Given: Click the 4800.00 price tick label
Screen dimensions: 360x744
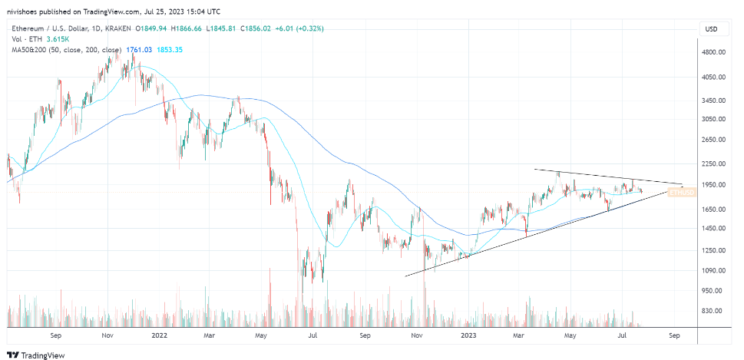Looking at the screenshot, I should point(714,51).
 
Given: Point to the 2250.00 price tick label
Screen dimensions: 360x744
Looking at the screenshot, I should point(714,163).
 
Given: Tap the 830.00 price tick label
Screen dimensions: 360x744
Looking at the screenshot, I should point(714,311).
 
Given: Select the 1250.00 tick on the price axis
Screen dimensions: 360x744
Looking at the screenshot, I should point(714,250).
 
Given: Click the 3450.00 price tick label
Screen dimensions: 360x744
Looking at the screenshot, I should point(714,100).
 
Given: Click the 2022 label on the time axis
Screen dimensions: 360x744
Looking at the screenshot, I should point(159,335).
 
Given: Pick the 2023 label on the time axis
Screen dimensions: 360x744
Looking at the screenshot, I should point(470,335).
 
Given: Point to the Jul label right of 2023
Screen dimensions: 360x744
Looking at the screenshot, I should point(623,335).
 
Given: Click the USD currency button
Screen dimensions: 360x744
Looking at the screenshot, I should point(711,29).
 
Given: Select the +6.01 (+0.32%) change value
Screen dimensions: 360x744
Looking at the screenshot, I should point(299,29).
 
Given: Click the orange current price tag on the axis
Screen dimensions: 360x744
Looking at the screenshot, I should point(682,193).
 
